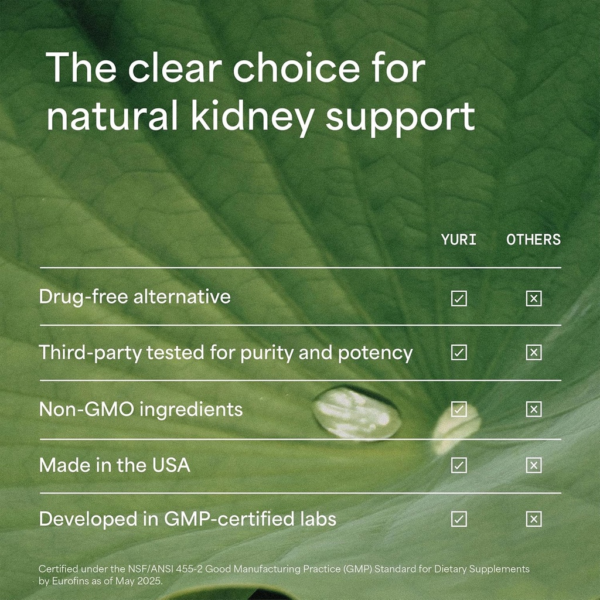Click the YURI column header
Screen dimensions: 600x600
pyautogui.click(x=459, y=240)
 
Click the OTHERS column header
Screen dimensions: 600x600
pyautogui.click(x=533, y=240)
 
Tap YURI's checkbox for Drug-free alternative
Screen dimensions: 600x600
pyautogui.click(x=459, y=299)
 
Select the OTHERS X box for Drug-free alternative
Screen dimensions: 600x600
pyautogui.click(x=533, y=299)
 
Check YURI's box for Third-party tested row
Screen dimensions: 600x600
pyautogui.click(x=459, y=352)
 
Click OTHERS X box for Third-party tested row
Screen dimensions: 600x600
pyautogui.click(x=533, y=352)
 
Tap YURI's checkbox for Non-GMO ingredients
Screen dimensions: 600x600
pyautogui.click(x=459, y=409)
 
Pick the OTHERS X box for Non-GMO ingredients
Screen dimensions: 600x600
pyautogui.click(x=533, y=409)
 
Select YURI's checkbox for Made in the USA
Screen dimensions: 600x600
pyautogui.click(x=459, y=465)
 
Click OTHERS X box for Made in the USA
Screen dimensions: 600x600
pyautogui.click(x=533, y=465)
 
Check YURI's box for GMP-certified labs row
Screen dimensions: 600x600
pyautogui.click(x=459, y=519)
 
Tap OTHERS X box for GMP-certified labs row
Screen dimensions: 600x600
pyautogui.click(x=533, y=519)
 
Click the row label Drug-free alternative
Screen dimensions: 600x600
pyautogui.click(x=135, y=296)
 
